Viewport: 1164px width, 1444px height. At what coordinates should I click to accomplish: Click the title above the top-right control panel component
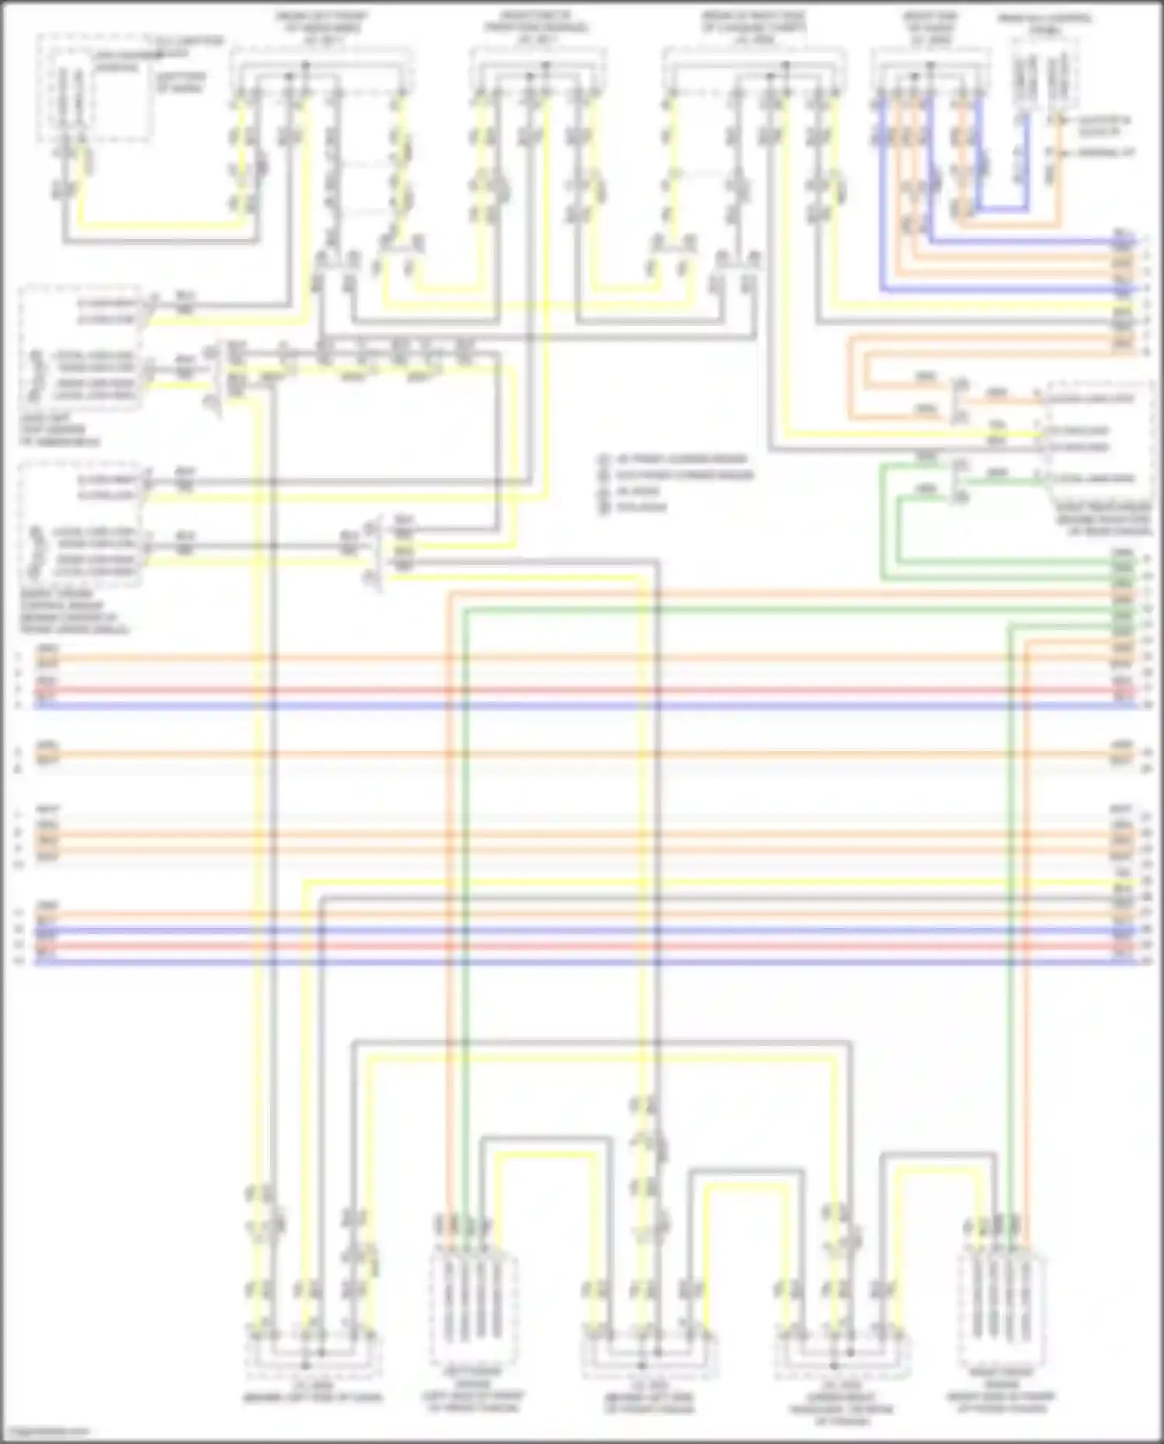1045,23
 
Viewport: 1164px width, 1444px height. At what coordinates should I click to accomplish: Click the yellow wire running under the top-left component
163,226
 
